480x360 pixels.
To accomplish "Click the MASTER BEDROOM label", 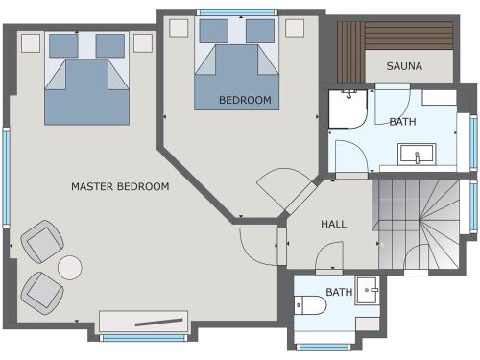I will (x=120, y=186).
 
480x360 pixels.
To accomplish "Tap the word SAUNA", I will (x=404, y=66).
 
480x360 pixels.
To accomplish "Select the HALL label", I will (x=333, y=224).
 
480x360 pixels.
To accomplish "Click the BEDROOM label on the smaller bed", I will (x=245, y=100).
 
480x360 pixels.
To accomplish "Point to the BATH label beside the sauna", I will (x=402, y=122).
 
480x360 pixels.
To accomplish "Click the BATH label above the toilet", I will (x=338, y=292).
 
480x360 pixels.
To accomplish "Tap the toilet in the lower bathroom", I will (x=311, y=305).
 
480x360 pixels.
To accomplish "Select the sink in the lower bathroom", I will (x=367, y=289).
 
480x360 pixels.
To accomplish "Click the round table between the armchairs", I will (x=70, y=267).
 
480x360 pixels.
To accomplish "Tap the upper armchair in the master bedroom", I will (x=42, y=241).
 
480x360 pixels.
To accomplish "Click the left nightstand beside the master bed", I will (x=31, y=43).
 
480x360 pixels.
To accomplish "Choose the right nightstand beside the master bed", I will (x=143, y=43).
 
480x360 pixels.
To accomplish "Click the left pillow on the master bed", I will (x=63, y=45).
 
